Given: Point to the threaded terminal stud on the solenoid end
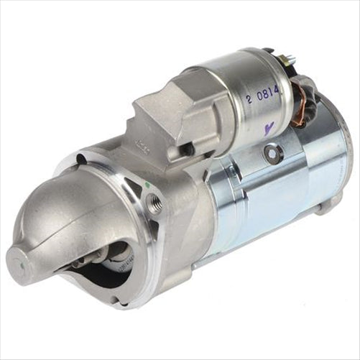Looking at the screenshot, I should tap(290, 60).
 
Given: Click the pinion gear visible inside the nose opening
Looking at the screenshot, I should tap(108, 259).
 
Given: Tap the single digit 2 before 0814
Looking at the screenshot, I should tap(249, 98).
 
